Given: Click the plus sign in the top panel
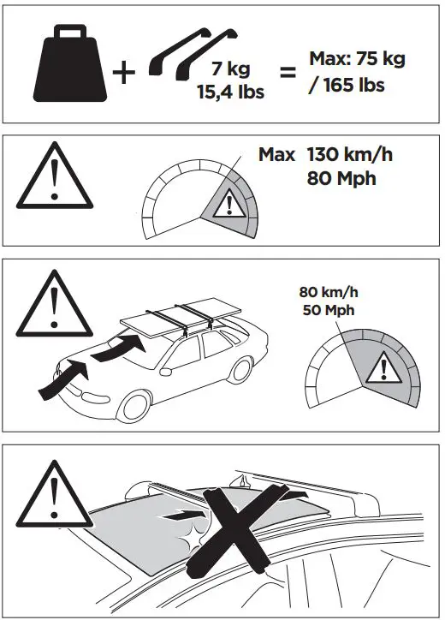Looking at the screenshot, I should click(x=124, y=73).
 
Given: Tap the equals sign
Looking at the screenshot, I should click(x=288, y=74).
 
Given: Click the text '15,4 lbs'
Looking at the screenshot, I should click(x=229, y=91).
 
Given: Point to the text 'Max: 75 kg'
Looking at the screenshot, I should click(x=357, y=60).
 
